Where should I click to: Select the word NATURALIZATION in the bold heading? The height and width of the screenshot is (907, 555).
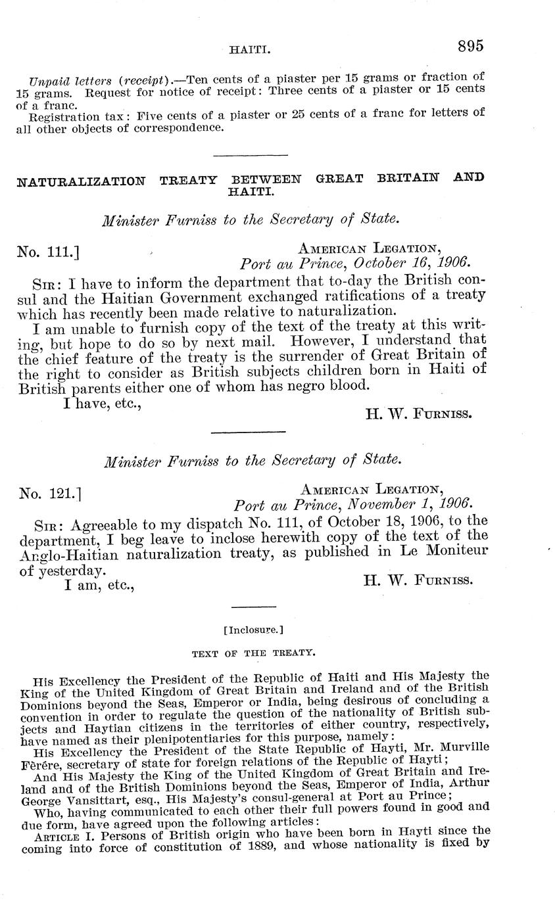(81, 181)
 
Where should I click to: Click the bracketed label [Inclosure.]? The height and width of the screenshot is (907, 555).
(253, 630)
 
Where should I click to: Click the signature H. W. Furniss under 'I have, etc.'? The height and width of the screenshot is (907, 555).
(418, 413)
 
